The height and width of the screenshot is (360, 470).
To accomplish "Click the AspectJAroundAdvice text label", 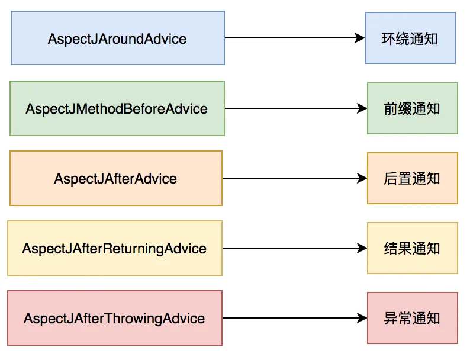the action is (117, 39).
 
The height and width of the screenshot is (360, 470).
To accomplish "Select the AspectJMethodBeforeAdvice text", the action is (117, 109).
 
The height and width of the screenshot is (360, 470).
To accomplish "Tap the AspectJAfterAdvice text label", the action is (115, 179).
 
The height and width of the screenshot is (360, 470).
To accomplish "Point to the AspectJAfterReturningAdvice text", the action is (114, 249).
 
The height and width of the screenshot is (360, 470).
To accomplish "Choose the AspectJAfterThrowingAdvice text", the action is (114, 319).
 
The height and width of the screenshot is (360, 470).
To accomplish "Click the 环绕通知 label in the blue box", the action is (410, 39).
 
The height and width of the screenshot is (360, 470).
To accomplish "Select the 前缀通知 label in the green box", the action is (412, 109).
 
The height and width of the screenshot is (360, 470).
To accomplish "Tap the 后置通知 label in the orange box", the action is (412, 179).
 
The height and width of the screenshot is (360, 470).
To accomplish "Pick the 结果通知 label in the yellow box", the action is (412, 249).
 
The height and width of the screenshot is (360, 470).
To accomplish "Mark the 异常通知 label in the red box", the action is (412, 319).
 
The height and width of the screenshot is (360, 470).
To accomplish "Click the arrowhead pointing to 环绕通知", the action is (360, 38).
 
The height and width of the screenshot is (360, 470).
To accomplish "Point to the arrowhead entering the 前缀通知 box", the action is (362, 108).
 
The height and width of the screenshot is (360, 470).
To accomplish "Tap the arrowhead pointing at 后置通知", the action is (362, 178).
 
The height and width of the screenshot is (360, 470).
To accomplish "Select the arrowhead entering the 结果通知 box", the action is (362, 248).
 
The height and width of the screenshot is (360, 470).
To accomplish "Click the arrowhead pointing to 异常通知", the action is (362, 318).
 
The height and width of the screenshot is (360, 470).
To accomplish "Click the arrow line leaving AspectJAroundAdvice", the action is (295, 38).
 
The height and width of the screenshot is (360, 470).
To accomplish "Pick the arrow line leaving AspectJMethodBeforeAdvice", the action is (296, 108).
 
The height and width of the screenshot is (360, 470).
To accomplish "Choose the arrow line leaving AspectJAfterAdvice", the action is (295, 178).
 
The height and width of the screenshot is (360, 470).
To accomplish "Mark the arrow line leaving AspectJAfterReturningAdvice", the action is (295, 248).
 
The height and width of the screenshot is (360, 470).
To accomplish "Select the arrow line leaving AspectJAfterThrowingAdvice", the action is (295, 318).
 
